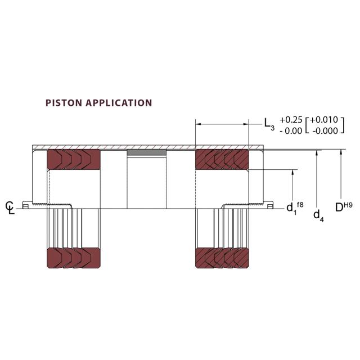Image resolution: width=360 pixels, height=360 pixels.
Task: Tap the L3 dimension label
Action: (x=269, y=123)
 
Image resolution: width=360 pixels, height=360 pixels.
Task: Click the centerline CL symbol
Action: (x=9, y=207)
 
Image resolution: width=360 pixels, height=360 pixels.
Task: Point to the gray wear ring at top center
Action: (x=147, y=152)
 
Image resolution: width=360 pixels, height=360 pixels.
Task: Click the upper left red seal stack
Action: (x=73, y=159)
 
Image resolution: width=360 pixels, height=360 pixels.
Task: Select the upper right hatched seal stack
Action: (x=221, y=159)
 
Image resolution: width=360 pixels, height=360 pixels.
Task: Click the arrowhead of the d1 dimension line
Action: (x=293, y=172)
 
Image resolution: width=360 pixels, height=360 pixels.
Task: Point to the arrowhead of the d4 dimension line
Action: (x=318, y=151)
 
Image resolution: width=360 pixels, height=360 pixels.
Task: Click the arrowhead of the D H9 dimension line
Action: (x=341, y=151)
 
